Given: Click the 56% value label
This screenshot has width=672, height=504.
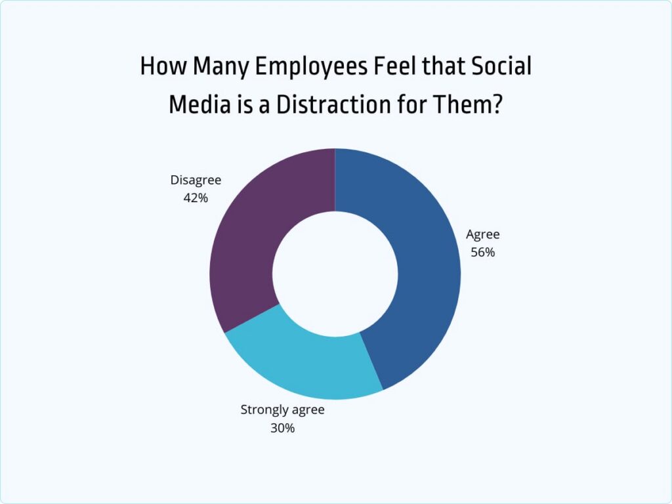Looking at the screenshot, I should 482,252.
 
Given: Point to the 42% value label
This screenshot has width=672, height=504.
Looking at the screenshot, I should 196,197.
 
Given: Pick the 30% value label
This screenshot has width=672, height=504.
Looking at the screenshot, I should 283,428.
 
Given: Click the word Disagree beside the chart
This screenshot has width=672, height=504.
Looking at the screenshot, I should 196,180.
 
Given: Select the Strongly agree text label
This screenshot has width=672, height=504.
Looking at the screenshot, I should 283,410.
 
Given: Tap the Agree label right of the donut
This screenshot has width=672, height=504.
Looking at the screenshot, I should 483,235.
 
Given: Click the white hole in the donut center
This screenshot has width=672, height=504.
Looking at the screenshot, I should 335,274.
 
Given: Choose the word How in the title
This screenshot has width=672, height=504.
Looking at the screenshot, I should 157,67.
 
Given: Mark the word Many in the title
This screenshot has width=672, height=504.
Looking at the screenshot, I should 212,67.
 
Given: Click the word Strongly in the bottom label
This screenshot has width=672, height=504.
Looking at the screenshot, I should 264,411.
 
